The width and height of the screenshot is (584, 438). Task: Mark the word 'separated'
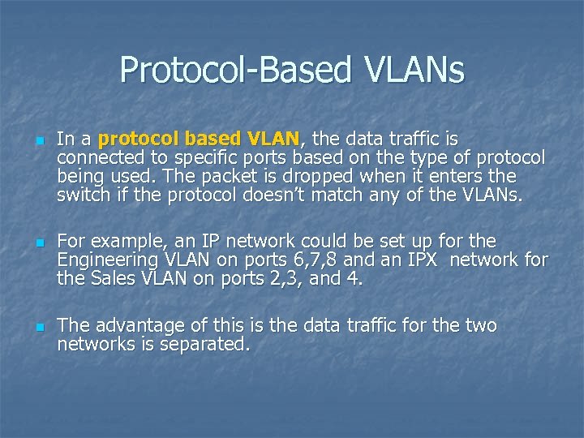click(x=210, y=344)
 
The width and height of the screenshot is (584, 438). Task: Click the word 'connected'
click(x=96, y=157)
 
